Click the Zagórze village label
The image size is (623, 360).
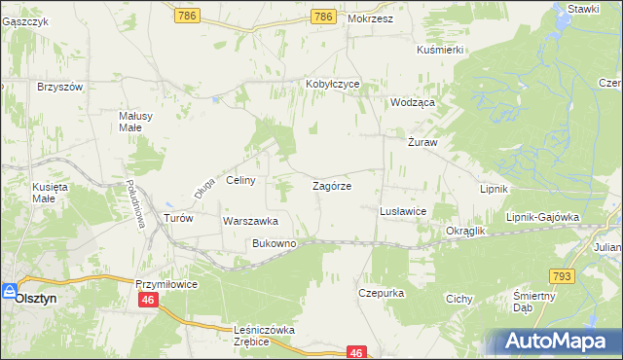[x=331, y=185]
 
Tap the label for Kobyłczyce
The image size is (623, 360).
[x=333, y=85]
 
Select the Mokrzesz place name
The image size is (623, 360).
[x=369, y=18]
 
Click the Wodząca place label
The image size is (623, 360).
[x=412, y=101]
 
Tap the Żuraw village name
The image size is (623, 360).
[x=422, y=142]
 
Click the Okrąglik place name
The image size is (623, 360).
[x=465, y=232]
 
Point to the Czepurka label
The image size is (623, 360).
[x=381, y=292]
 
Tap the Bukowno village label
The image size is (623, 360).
[x=274, y=243]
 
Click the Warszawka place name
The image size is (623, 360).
[x=251, y=221]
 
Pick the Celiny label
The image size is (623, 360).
[x=240, y=180]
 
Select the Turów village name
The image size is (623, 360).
[x=179, y=218]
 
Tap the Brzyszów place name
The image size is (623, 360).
[x=60, y=86]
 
